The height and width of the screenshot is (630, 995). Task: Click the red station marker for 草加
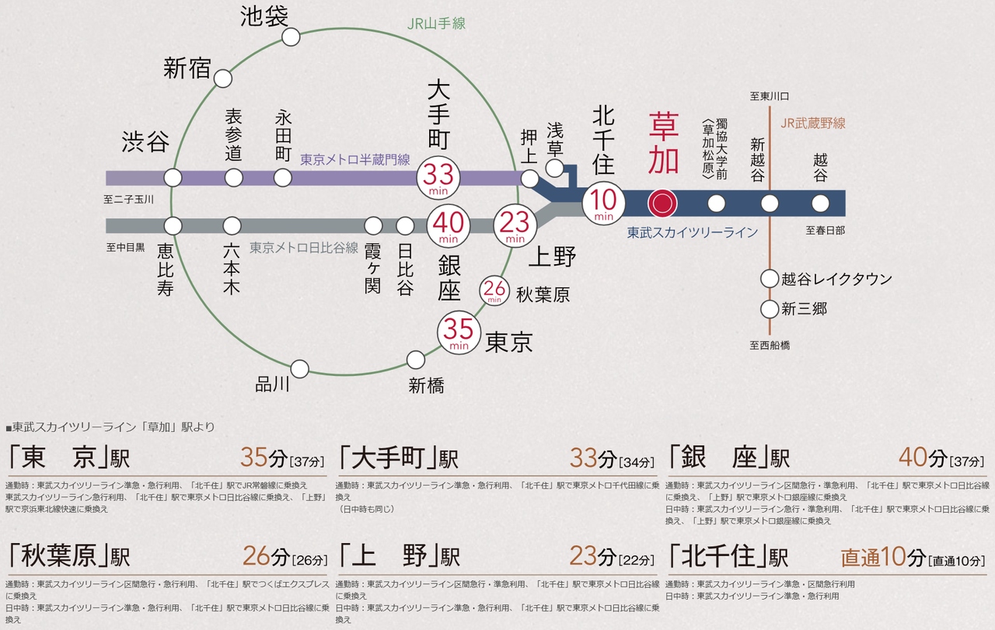pos(662,204)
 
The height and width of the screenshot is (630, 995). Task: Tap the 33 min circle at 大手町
pos(439,178)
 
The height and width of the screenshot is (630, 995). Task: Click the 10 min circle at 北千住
pos(604,203)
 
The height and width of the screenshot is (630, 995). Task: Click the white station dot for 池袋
pos(291,37)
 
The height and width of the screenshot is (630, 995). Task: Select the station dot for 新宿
pos(223,78)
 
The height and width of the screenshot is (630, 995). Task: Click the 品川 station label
pos(272,384)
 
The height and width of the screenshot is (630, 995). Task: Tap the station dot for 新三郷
pos(770,309)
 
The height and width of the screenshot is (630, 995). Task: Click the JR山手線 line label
pos(436,24)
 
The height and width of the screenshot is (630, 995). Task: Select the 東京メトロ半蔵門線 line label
pos(354,160)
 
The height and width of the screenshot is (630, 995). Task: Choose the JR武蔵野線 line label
pos(812,123)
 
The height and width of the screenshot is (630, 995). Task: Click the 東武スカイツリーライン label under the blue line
pos(692,232)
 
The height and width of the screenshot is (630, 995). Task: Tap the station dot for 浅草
pos(555,169)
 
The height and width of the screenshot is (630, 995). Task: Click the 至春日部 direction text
pos(825,230)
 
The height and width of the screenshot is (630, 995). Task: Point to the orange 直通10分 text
pos(884,556)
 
